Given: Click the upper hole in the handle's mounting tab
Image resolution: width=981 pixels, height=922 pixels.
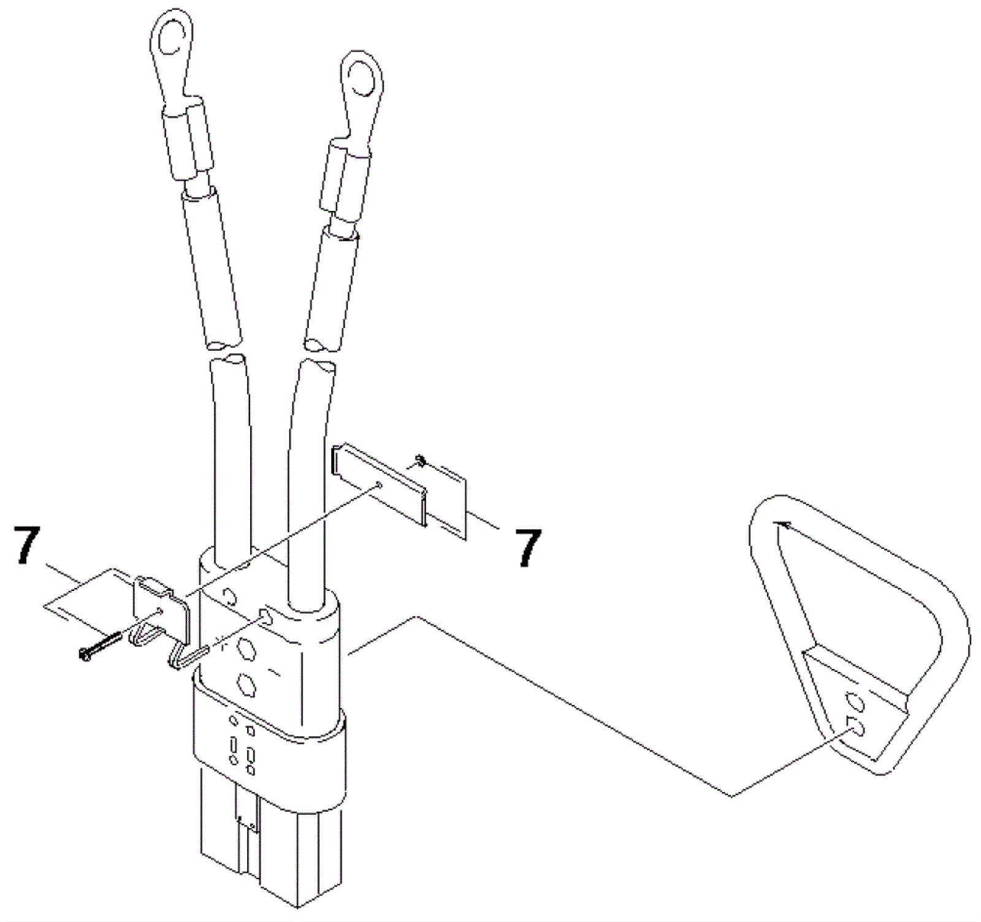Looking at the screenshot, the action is pos(853,701).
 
